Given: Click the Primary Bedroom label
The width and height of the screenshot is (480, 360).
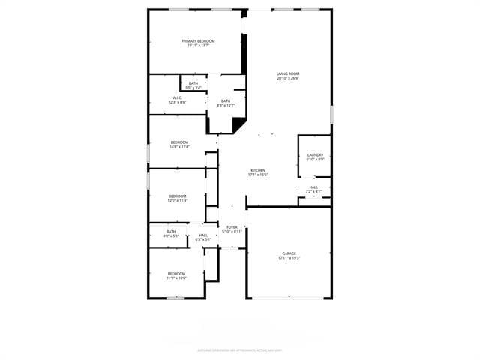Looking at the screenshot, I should click(x=198, y=40).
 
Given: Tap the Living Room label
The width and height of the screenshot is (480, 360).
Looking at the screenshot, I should click(x=288, y=73).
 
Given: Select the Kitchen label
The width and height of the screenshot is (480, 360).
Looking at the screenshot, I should click(x=258, y=170).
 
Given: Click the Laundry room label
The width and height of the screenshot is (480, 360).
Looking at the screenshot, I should click(x=315, y=155).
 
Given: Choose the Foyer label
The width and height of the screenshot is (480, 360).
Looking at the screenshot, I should click(x=232, y=226).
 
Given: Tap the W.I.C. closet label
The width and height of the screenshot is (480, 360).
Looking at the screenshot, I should click(x=177, y=97).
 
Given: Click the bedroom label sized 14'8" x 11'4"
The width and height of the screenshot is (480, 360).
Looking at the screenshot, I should click(x=179, y=142).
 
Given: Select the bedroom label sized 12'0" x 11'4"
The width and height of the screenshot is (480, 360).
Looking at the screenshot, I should click(x=178, y=196).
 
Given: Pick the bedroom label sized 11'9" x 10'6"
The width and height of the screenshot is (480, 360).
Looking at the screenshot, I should click(x=176, y=273).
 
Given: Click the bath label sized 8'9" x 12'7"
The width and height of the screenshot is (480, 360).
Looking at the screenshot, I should click(x=226, y=101).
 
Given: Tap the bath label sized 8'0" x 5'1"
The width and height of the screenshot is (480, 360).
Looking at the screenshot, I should click(x=171, y=231).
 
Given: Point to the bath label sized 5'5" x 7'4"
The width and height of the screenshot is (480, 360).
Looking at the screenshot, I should click(x=193, y=83).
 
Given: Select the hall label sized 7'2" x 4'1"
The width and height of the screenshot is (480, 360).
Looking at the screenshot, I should click(x=313, y=187).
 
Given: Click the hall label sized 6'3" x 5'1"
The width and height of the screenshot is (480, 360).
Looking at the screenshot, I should click(x=203, y=235).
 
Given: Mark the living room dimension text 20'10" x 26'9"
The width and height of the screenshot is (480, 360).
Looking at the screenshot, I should click(x=288, y=77).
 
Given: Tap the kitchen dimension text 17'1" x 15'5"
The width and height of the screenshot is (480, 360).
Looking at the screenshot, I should click(x=258, y=175).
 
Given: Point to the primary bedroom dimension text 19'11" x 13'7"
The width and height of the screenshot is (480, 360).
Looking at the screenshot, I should click(x=198, y=45).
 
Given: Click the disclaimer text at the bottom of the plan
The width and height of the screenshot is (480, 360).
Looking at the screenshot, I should click(x=240, y=349).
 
